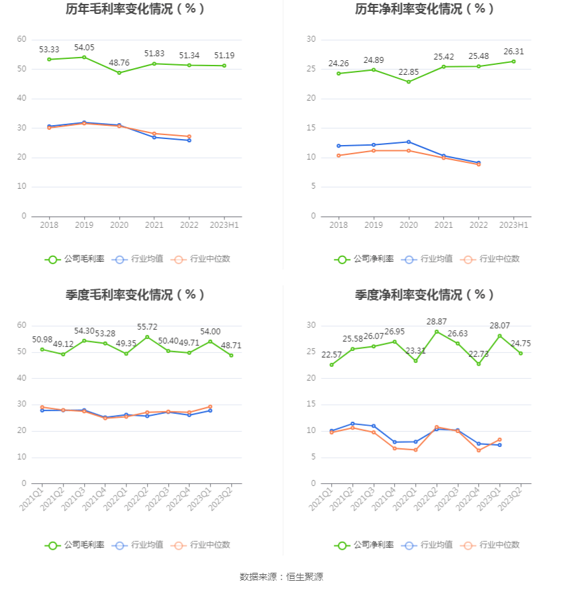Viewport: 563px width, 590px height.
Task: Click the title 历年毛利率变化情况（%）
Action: [135, 9]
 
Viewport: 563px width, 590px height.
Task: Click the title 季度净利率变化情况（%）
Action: [425, 295]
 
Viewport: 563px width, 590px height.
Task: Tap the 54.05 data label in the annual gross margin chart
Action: [84, 48]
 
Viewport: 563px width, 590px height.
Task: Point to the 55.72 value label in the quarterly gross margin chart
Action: [147, 327]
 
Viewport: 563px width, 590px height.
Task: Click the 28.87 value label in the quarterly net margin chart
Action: [436, 321]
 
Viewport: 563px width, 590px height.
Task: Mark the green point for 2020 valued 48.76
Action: [119, 73]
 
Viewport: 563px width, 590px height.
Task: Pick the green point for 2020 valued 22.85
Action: [409, 82]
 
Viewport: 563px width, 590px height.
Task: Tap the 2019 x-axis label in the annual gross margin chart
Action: [84, 225]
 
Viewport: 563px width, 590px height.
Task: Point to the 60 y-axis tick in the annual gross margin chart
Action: [22, 40]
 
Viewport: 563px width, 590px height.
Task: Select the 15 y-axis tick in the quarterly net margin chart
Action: [311, 405]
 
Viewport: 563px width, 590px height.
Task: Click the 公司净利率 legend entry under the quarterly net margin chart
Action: [364, 545]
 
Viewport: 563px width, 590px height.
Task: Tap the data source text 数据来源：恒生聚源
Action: [281, 577]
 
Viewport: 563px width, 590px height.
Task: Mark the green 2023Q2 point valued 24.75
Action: [521, 353]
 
